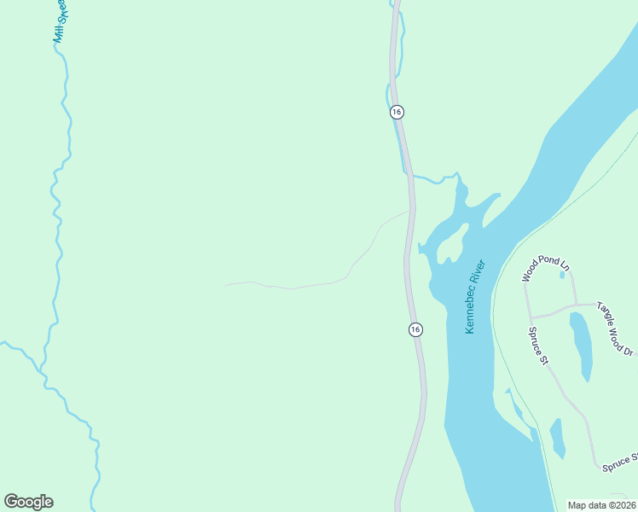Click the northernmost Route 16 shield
coord(397,112)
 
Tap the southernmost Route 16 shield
coord(415,329)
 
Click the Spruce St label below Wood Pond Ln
coord(537,346)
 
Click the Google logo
coord(28,502)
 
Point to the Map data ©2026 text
coord(601,505)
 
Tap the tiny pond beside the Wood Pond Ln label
coord(563,274)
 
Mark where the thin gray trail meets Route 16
coord(410,210)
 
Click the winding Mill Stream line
coord(57,213)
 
